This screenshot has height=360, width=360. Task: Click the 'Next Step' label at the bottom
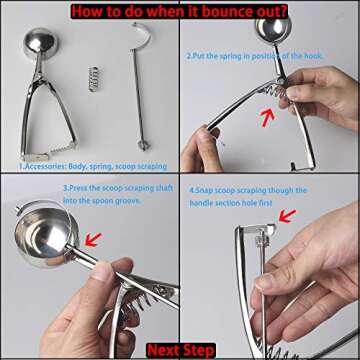tap(180, 350)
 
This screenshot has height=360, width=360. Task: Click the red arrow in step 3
tap(93, 239)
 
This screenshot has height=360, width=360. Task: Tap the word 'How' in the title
tap(88, 10)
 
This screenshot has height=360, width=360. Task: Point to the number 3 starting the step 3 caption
tap(64, 187)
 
